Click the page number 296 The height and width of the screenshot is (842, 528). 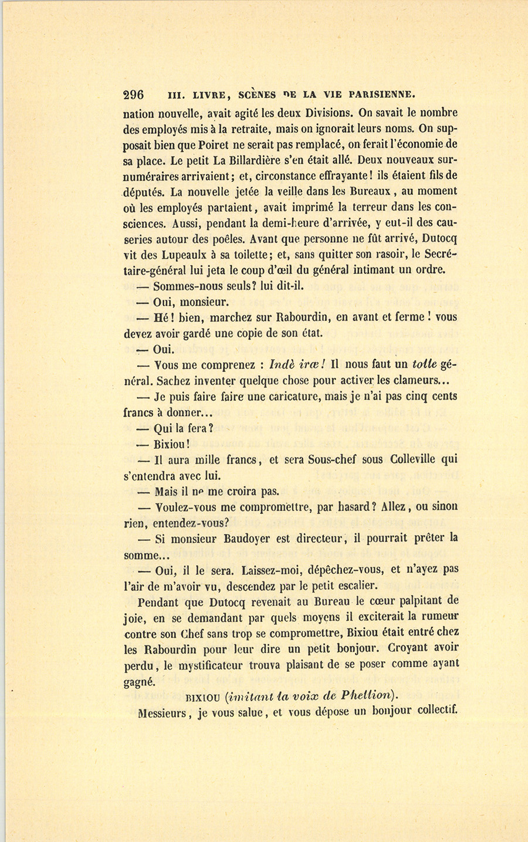tap(134, 95)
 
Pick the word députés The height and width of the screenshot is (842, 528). tap(143, 192)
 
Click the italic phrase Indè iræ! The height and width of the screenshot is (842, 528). tap(295, 364)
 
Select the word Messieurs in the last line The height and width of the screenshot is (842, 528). tap(161, 713)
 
